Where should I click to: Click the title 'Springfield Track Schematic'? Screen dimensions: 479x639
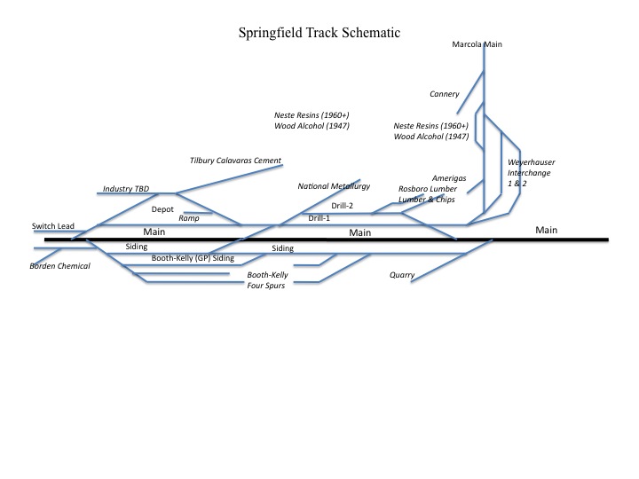319,33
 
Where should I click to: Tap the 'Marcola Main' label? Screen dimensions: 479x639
477,43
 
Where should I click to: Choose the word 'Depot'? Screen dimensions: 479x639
162,209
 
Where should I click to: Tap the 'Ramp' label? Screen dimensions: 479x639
189,217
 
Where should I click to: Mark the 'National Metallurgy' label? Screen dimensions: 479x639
333,187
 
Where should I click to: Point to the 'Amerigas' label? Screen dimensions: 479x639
449,178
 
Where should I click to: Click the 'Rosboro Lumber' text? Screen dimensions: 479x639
429,189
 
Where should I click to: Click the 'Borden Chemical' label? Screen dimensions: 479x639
60,265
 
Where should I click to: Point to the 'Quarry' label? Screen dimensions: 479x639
402,275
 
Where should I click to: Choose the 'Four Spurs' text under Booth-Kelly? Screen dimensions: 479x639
265,287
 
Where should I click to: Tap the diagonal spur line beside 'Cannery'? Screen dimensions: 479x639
471,93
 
